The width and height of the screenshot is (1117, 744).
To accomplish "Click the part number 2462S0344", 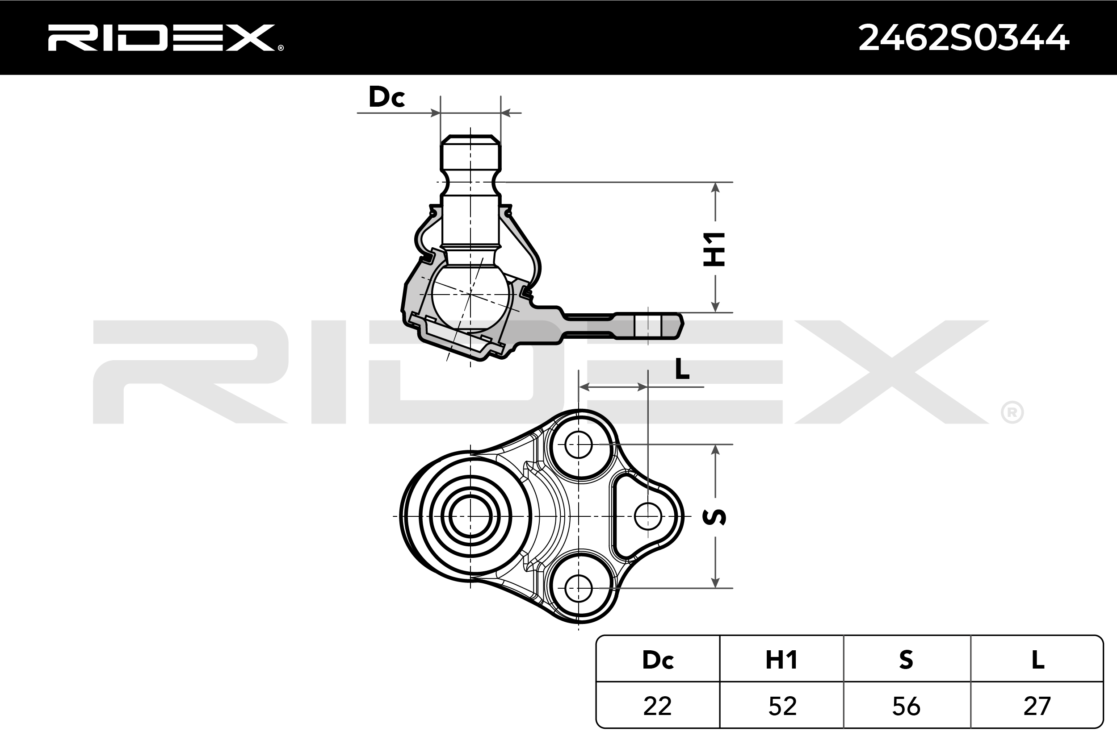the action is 964,38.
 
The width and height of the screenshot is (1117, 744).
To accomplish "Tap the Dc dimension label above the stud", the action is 386,97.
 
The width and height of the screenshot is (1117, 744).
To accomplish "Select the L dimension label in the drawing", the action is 682,369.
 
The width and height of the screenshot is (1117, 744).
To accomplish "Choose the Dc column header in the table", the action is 658,660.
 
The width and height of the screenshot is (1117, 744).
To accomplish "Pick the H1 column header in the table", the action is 782,660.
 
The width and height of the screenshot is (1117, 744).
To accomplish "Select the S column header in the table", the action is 906,660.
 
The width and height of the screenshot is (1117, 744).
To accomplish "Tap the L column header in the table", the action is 1037,660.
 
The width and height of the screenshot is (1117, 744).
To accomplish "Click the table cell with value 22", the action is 658,706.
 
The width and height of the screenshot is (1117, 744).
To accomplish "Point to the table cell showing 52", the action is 782,706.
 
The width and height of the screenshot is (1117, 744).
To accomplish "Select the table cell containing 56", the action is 906,706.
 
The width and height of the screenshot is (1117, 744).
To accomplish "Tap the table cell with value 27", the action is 1037,706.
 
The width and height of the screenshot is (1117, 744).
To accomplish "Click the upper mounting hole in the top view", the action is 579,445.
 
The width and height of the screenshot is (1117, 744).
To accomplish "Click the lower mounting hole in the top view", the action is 579,588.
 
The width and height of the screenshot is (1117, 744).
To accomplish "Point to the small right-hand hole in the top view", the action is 648,516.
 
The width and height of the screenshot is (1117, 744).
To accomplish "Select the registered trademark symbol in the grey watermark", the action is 1012,413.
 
